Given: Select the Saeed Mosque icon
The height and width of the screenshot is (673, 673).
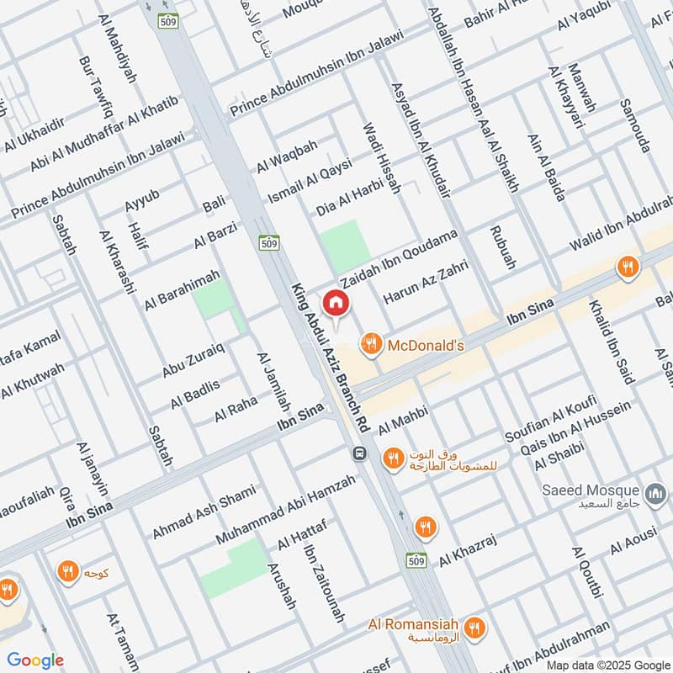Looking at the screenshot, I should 655,491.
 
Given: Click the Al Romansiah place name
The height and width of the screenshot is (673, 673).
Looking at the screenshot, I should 413,625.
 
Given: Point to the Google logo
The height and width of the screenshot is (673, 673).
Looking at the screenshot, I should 35,660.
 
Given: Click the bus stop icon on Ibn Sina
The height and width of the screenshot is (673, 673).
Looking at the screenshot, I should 360,453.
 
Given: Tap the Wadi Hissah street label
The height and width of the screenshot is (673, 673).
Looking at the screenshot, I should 381,159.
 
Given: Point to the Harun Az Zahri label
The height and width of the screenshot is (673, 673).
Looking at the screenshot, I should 424,283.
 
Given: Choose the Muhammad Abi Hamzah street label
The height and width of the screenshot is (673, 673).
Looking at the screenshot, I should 285,507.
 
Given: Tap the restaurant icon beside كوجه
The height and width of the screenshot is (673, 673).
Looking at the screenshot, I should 66,573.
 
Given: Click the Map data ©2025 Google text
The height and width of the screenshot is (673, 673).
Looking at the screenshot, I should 616,661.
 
